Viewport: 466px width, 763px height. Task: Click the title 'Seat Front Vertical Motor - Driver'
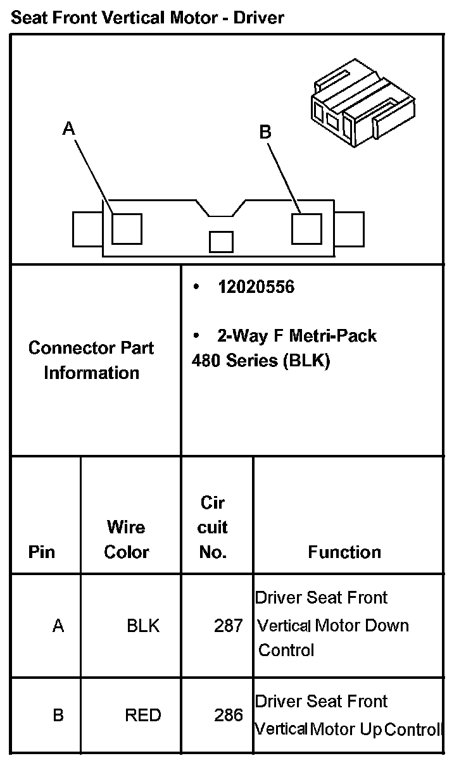[x=148, y=18]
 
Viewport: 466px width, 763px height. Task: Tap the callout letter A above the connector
[x=69, y=128]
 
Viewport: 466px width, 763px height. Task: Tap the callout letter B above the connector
[x=265, y=132]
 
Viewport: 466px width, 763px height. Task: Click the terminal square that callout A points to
[x=127, y=228]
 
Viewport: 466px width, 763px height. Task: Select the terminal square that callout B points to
[x=307, y=228]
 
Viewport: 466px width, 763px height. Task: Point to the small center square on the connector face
[x=221, y=242]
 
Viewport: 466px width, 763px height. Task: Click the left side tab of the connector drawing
[x=87, y=229]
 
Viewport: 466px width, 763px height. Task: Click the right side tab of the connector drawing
[x=349, y=229]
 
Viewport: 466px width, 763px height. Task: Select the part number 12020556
[x=256, y=287]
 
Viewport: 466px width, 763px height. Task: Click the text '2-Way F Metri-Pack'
[x=297, y=335]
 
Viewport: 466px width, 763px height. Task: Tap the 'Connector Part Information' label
[x=91, y=360]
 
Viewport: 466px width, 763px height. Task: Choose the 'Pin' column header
[x=42, y=552]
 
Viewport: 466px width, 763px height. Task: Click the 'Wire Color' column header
[x=126, y=539]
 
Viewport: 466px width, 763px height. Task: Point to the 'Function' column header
[x=344, y=552]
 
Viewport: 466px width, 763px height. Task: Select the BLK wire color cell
[x=143, y=626]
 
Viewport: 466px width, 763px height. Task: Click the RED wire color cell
[x=143, y=715]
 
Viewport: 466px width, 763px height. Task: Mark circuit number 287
[x=229, y=626]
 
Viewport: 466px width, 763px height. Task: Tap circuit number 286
[x=229, y=715]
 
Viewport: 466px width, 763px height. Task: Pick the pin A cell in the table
[x=58, y=626]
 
